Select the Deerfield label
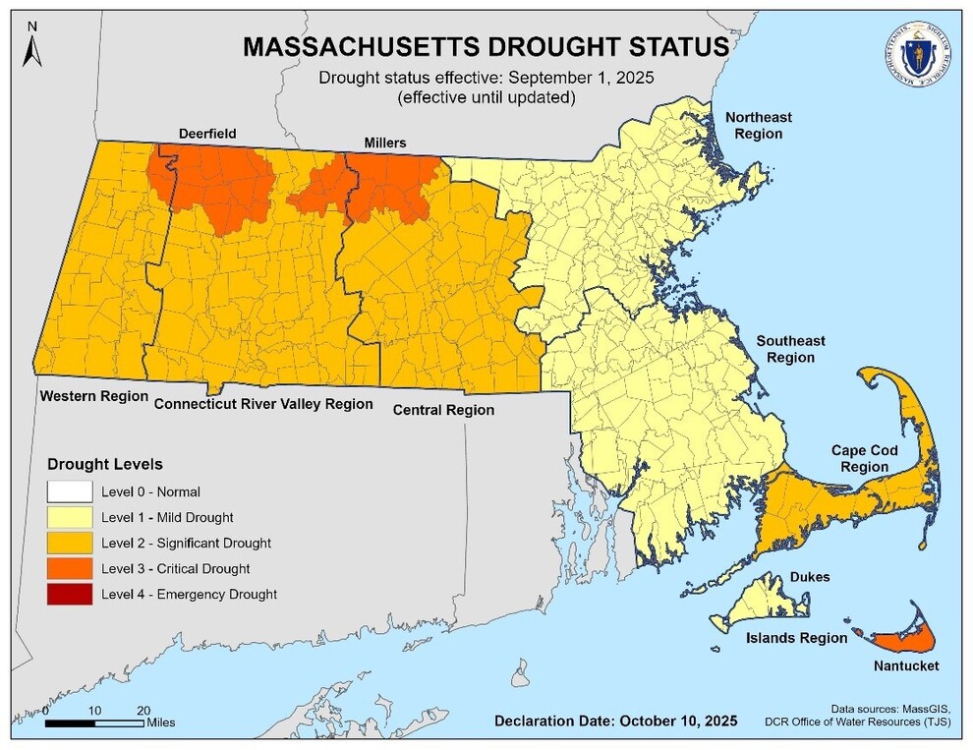(207, 134)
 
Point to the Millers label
(384, 144)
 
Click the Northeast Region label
(758, 125)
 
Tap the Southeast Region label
(790, 349)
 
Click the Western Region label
(93, 395)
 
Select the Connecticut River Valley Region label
(263, 403)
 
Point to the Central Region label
(443, 410)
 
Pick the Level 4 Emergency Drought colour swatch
(69, 594)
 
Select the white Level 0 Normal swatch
(69, 490)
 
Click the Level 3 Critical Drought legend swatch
(69, 568)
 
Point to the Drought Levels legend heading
(105, 463)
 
